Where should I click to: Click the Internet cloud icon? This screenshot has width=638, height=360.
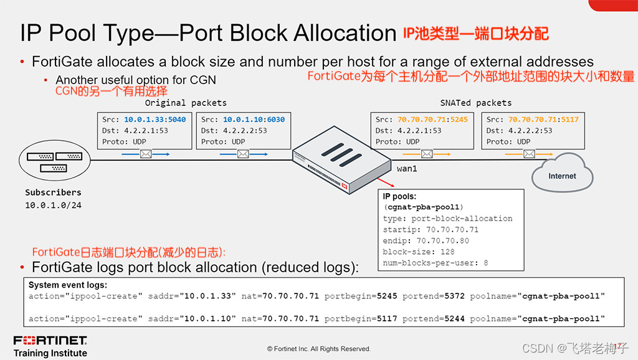(x=561, y=174)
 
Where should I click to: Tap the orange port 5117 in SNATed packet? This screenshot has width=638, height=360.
(x=569, y=119)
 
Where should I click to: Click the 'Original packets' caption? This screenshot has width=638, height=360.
(x=186, y=103)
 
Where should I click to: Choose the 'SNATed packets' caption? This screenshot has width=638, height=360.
(x=475, y=103)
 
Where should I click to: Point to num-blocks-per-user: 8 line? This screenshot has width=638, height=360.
(x=436, y=263)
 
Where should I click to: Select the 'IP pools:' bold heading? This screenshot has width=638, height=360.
(x=399, y=196)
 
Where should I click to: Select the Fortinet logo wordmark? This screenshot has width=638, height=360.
(x=50, y=341)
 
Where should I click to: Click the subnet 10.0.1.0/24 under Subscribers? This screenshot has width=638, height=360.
(x=53, y=205)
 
